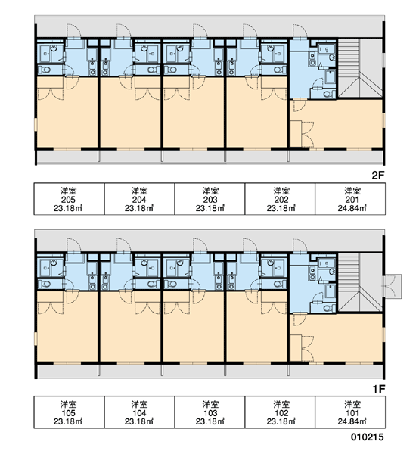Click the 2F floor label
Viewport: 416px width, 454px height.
[377, 176]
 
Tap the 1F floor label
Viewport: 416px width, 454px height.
[379, 389]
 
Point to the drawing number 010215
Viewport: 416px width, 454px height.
[368, 437]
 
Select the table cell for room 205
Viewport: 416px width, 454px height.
[69, 199]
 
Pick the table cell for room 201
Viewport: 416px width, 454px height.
[350, 199]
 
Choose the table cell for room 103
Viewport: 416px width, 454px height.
[210, 412]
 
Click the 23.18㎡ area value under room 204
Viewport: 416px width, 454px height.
[139, 208]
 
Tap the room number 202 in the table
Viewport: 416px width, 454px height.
[281, 200]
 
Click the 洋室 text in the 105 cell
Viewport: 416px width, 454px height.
[68, 404]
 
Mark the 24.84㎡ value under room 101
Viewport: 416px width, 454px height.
[352, 421]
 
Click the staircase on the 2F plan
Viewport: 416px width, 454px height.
[360, 68]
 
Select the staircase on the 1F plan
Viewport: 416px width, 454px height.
[360, 282]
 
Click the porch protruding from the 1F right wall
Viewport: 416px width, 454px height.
[393, 286]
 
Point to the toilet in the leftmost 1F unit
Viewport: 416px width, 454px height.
[45, 284]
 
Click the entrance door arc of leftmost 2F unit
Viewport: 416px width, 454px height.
[73, 31]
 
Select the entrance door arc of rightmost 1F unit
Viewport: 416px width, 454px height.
[300, 245]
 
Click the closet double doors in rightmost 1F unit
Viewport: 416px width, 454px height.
[308, 349]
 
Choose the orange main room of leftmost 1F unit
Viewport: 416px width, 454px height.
[67, 333]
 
